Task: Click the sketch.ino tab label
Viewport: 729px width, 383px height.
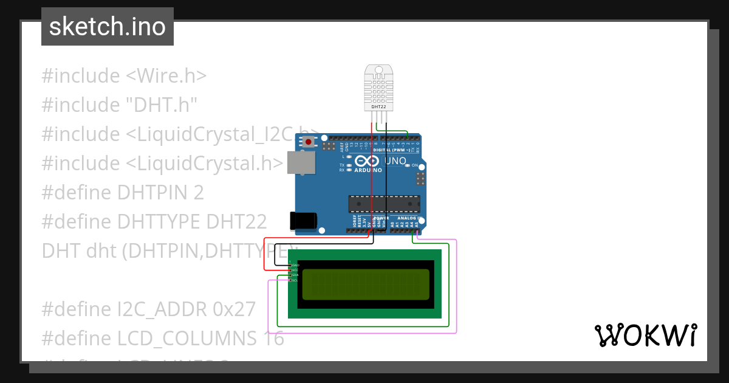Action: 108,27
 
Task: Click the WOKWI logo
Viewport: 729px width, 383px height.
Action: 645,335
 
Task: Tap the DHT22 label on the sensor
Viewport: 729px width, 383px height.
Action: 378,106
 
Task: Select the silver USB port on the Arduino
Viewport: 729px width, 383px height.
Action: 301,162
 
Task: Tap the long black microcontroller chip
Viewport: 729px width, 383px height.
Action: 384,204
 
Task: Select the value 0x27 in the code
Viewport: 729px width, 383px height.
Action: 234,309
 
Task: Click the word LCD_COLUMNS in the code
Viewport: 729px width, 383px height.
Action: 204,338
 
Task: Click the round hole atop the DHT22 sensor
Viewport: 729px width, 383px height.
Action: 378,71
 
